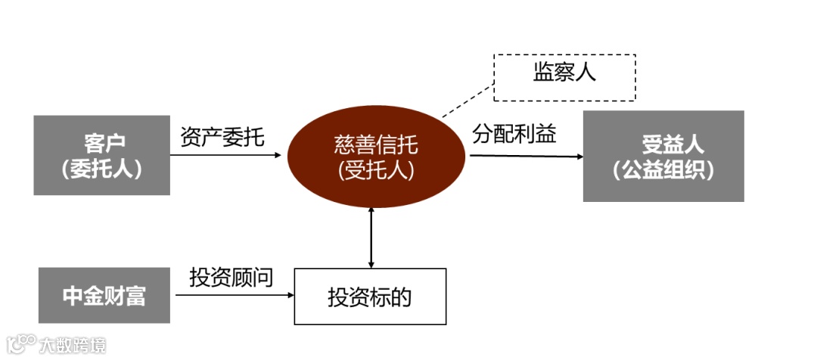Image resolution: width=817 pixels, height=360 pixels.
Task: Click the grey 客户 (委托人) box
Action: click(x=101, y=155)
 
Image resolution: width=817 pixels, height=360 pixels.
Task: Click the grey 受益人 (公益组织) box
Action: click(x=663, y=156)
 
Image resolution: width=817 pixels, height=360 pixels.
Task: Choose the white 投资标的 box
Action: click(x=370, y=296)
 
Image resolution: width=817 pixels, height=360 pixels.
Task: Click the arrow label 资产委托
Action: click(x=222, y=137)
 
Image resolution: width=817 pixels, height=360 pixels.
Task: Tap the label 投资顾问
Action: click(x=231, y=278)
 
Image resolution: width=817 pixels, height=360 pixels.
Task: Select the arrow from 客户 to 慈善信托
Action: click(x=227, y=155)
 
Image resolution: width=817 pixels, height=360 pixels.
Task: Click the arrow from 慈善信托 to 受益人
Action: click(x=526, y=157)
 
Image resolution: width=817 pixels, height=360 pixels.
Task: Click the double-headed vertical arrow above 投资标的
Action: click(x=371, y=237)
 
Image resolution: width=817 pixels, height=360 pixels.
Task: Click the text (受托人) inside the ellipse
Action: click(x=376, y=171)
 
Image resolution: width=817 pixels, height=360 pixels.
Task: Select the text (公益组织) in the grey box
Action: click(x=663, y=170)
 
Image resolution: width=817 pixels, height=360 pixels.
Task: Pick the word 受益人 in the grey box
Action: click(x=663, y=142)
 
